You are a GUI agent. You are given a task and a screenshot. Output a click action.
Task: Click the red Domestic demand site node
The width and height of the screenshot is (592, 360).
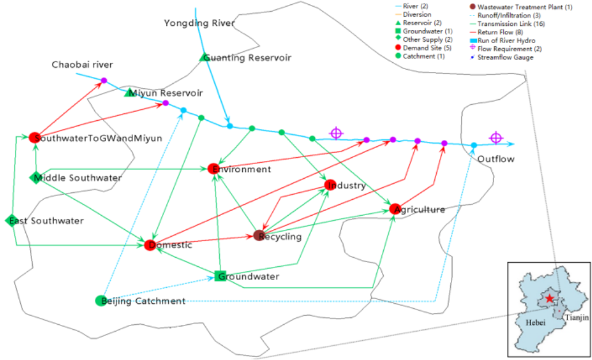coord(150,245)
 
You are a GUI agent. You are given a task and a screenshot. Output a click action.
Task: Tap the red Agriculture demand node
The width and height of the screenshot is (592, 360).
coord(395,209)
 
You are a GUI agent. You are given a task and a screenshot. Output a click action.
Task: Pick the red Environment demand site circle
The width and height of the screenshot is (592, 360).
coord(214,169)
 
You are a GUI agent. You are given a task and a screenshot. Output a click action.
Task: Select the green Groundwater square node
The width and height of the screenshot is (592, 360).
coord(219,276)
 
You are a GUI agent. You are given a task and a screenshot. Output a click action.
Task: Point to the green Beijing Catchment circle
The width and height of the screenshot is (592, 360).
coord(100,301)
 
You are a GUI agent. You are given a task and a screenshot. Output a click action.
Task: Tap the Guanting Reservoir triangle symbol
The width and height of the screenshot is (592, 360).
coord(204,57)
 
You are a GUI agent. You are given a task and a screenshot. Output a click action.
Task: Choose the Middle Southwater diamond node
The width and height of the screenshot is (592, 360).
coord(35,178)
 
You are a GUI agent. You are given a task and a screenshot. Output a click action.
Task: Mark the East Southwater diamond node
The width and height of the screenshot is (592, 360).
coord(11,220)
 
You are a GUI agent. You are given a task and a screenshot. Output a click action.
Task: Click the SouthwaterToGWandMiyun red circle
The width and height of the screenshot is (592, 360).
coord(34,137)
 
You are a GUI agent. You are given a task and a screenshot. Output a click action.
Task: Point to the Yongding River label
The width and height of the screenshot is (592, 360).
coord(199,23)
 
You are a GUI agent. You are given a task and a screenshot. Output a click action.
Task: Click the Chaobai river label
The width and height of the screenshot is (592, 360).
coord(82,64)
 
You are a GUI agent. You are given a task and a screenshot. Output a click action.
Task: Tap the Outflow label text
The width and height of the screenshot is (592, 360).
coord(496,159)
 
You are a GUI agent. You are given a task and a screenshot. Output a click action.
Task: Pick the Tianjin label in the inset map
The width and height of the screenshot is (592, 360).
coord(577,316)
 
